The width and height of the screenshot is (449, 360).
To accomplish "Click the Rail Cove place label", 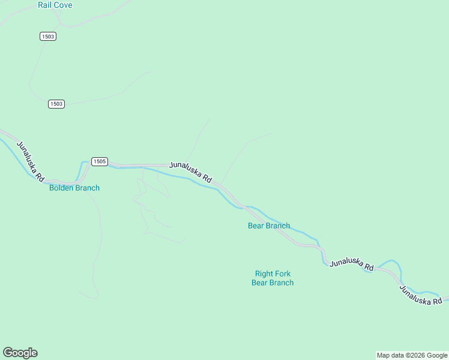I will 55,5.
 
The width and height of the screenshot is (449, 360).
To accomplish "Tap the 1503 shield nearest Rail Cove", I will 48,37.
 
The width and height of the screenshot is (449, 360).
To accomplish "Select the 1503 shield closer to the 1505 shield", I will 56,104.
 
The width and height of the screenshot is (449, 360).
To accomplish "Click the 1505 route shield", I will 100,161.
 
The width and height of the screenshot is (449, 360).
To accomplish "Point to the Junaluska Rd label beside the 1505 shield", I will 191,172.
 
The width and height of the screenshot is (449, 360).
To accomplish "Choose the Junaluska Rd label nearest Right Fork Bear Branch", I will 352,263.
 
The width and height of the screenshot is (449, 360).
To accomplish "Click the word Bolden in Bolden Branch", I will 61,188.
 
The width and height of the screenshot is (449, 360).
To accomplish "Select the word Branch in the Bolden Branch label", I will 87,188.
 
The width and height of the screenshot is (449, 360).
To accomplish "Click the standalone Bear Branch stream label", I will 269,226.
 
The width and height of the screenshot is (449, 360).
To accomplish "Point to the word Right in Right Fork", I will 264,274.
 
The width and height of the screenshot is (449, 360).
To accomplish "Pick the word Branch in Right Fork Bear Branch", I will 281,283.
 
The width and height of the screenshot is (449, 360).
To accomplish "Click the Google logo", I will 20,353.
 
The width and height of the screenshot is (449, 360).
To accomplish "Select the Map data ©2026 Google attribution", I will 412,355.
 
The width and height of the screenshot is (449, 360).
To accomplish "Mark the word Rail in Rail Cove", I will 44,5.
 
